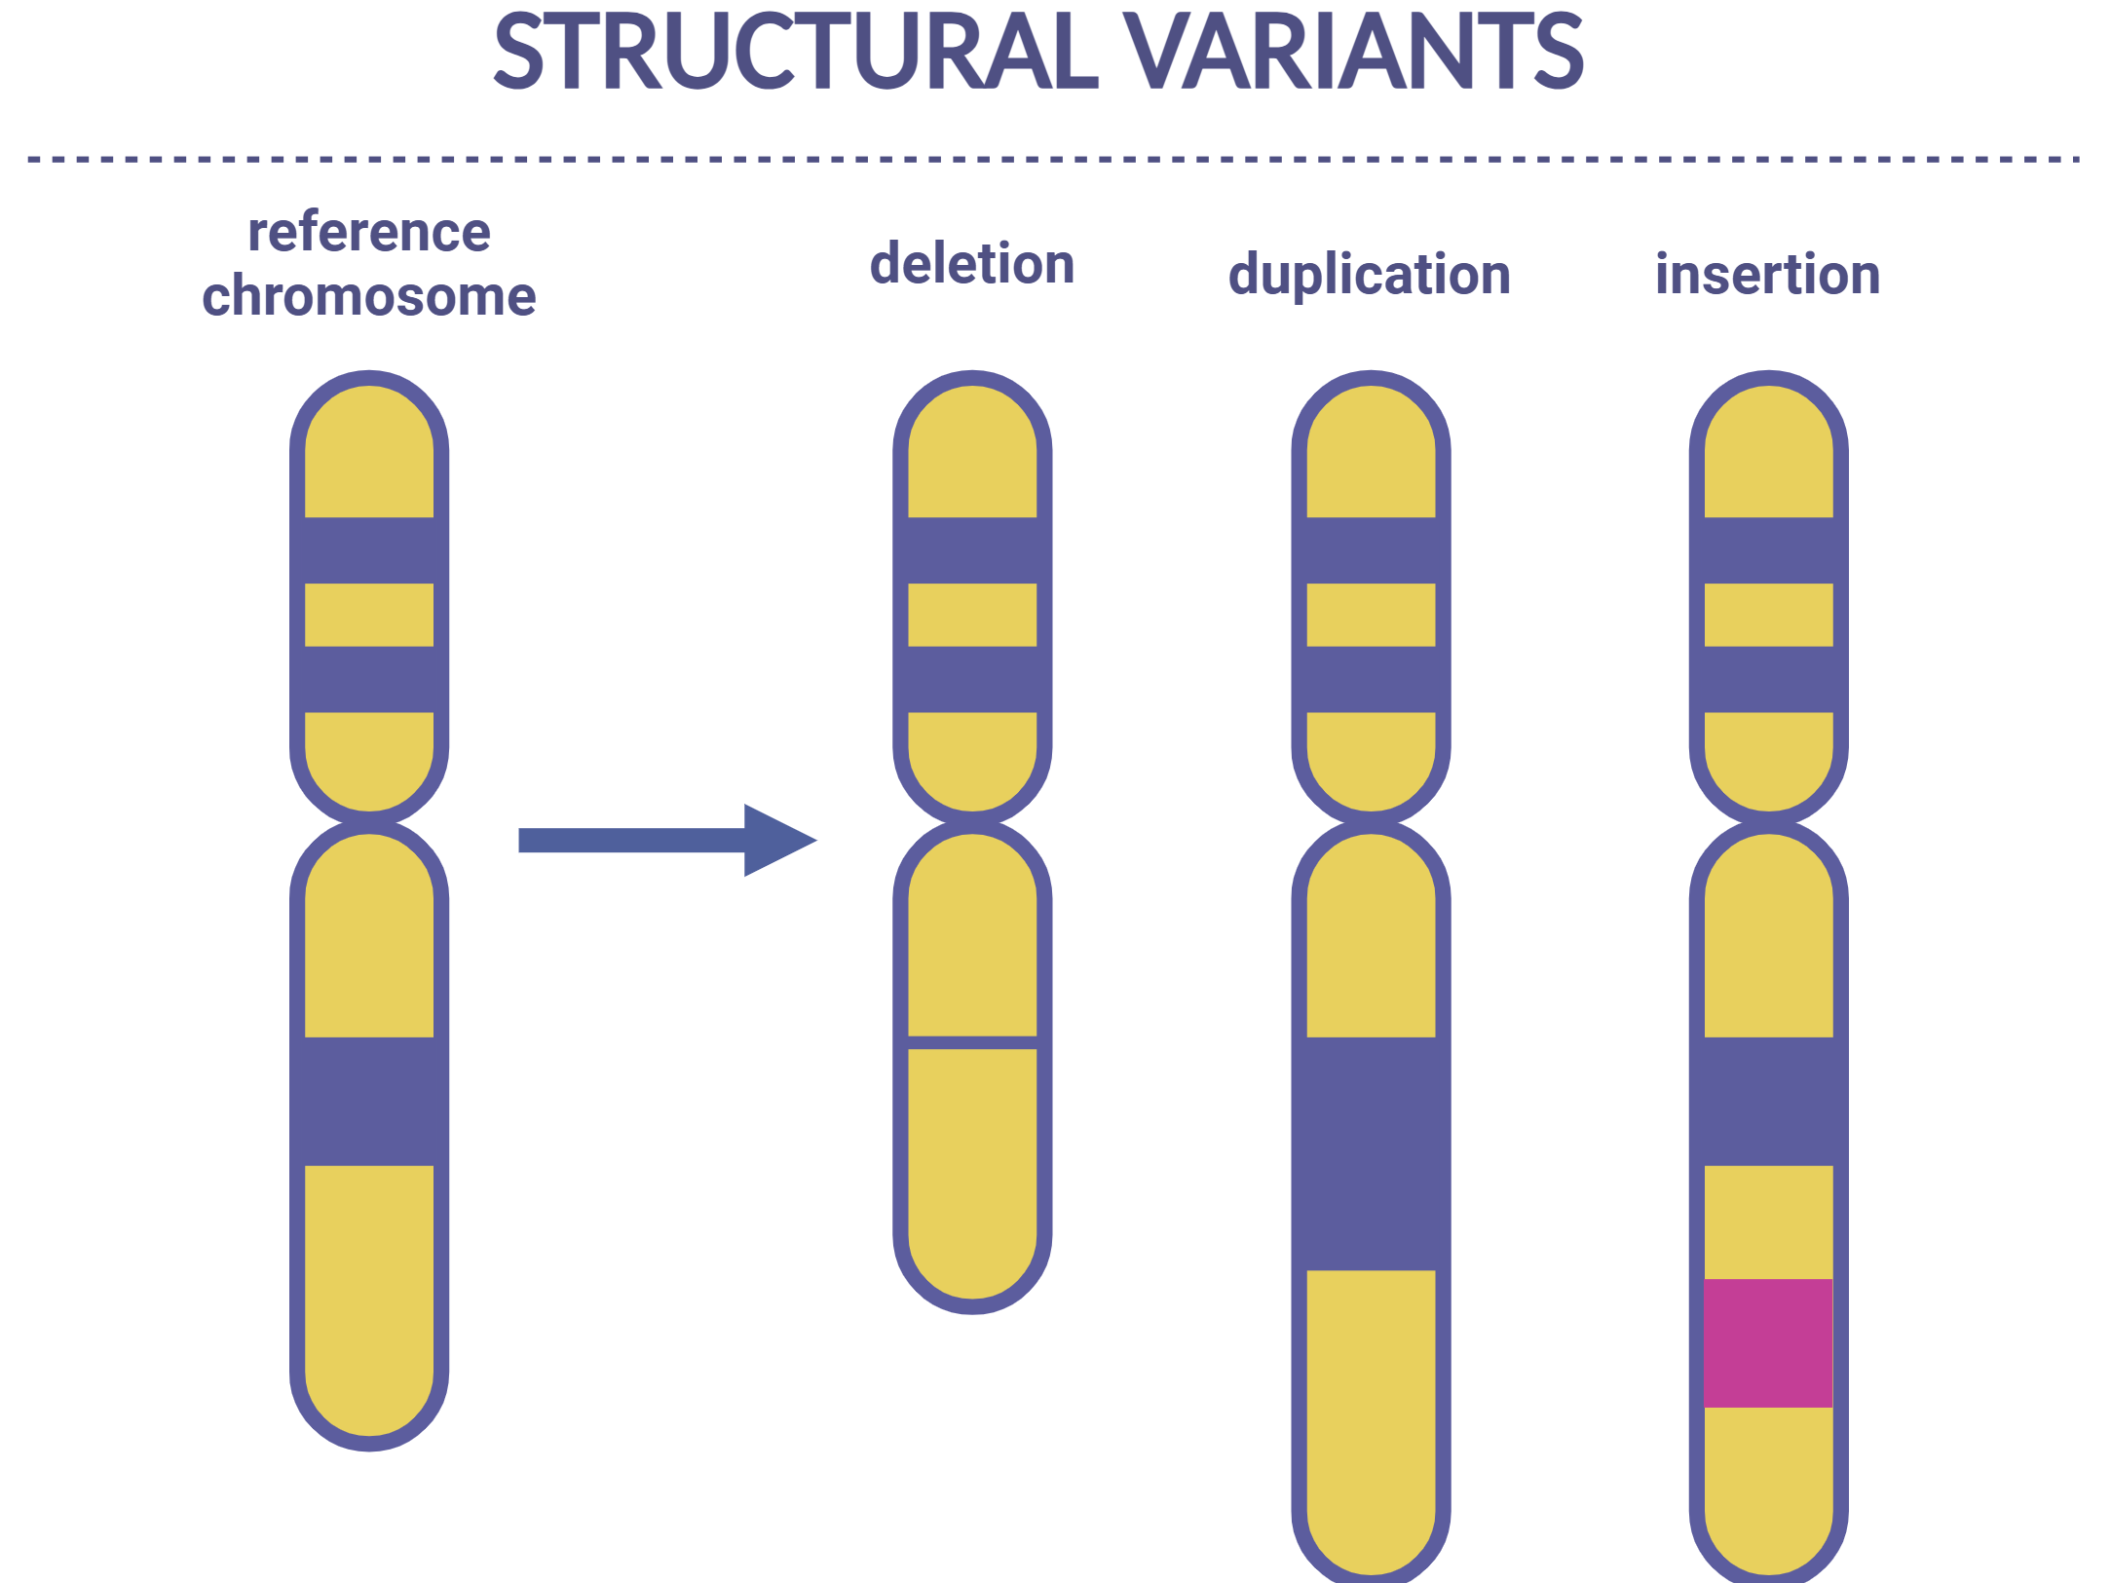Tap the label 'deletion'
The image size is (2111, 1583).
(972, 264)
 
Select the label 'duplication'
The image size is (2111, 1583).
(1369, 275)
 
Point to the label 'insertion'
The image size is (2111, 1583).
(1767, 275)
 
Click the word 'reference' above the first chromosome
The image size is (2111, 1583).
(369, 233)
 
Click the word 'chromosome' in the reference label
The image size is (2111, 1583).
(369, 296)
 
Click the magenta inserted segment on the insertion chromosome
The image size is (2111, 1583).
(1768, 1342)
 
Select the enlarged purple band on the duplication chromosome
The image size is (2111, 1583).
(1371, 1153)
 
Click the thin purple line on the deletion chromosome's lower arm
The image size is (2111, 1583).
(972, 1042)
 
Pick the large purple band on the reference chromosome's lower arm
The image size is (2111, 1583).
(369, 1101)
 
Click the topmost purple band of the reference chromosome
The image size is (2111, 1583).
(369, 550)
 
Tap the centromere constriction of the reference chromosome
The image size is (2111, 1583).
(369, 822)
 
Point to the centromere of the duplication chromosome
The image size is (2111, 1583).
(1371, 822)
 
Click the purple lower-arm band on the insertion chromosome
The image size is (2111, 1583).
(1768, 1101)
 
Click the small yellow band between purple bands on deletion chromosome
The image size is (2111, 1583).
(972, 615)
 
